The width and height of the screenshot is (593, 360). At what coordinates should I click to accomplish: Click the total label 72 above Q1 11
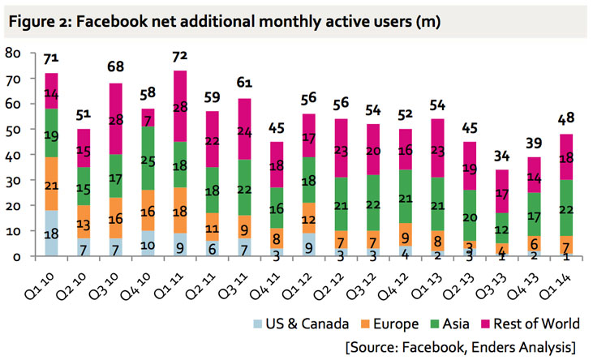192,58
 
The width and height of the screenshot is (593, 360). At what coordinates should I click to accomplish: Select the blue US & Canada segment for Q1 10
51,233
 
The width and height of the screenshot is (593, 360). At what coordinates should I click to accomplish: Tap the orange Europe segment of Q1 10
51,186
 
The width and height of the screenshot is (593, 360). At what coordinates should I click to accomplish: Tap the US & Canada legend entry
319,324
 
